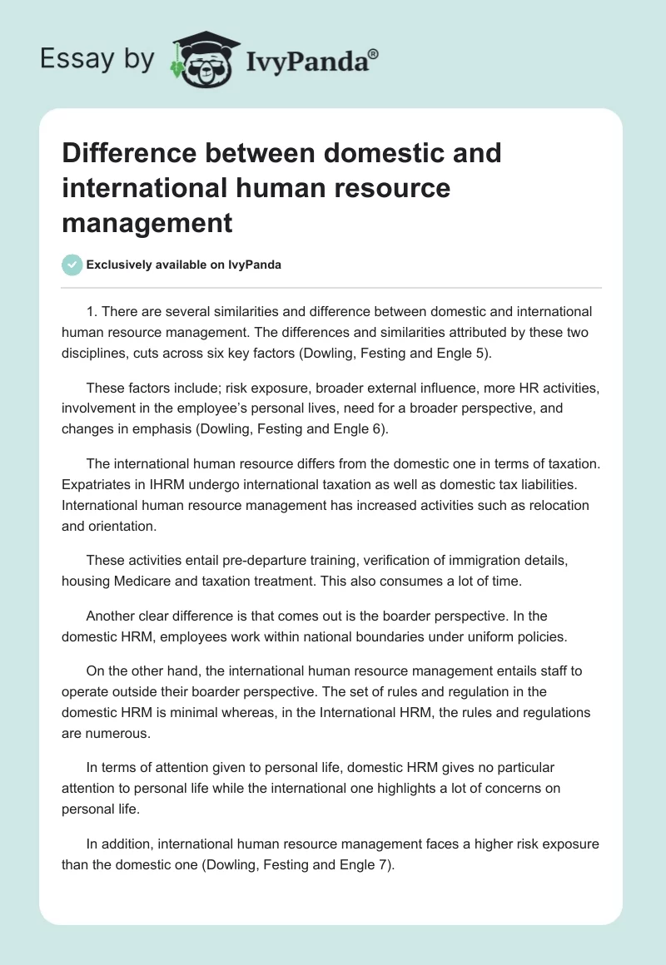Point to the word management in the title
pyautogui.click(x=147, y=223)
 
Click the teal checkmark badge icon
pyautogui.click(x=72, y=265)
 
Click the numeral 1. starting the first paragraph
pyautogui.click(x=92, y=312)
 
